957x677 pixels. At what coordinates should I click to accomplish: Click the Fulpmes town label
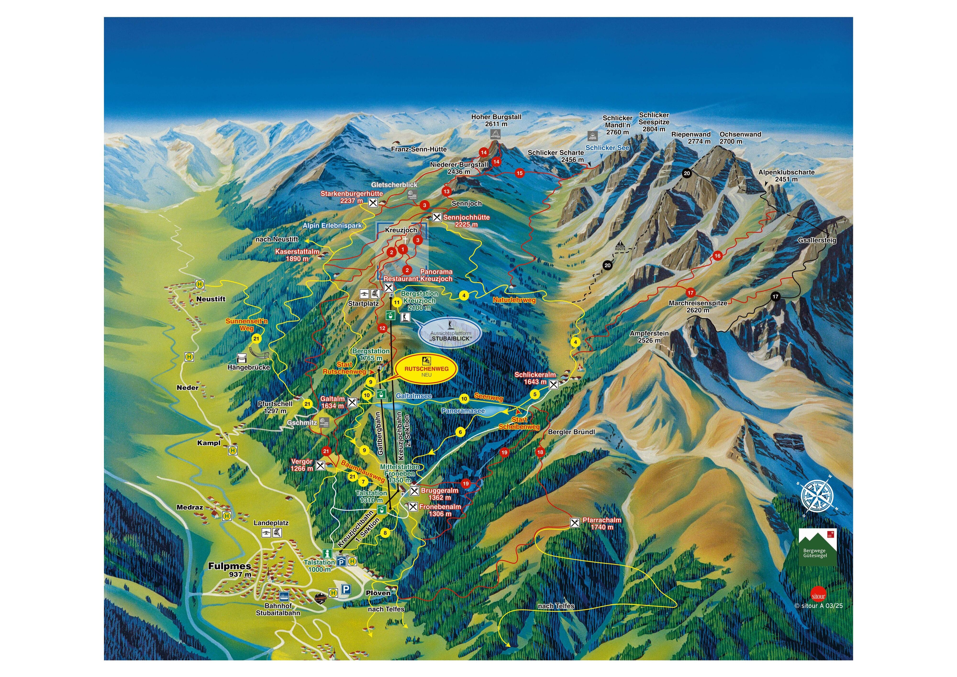230,566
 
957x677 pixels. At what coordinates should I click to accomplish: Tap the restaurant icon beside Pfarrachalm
575,522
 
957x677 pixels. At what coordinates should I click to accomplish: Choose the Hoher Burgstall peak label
496,120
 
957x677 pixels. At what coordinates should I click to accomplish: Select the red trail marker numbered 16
717,256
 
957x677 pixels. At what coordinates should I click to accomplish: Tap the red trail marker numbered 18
540,452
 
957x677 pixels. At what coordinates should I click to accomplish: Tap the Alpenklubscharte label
786,175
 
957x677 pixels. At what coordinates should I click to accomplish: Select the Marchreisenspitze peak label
698,306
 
